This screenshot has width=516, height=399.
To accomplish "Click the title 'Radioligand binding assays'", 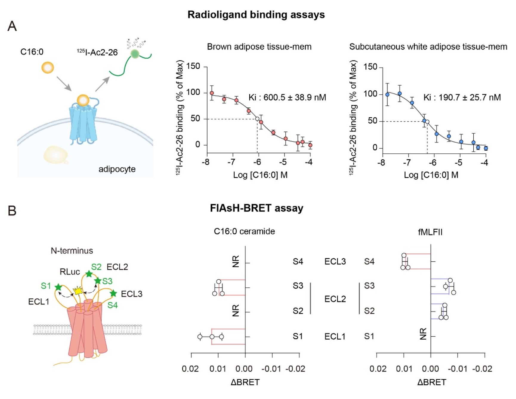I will point(256,15).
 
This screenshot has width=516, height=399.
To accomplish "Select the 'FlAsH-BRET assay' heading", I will point(257,208).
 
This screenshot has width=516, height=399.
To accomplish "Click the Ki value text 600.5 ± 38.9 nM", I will point(287,97).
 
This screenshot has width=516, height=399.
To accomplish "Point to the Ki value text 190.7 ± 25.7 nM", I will point(462,97).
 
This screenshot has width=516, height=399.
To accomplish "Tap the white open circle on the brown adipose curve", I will point(257,119).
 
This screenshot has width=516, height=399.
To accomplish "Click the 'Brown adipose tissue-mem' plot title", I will point(259,47).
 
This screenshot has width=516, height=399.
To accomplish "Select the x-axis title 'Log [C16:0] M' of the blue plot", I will point(431,175).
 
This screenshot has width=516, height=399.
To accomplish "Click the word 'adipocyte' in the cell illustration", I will point(117,169).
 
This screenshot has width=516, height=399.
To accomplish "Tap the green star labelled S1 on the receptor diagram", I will point(58,287).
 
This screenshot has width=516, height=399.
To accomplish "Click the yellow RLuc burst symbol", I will point(78,290).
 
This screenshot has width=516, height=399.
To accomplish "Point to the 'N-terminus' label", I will point(72,251).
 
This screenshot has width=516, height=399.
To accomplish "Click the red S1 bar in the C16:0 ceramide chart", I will point(228,337).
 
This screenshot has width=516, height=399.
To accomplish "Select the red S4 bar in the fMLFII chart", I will point(418,261).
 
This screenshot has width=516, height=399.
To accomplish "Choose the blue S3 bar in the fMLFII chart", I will point(440,286).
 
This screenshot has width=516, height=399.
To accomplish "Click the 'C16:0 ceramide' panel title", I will point(244,231).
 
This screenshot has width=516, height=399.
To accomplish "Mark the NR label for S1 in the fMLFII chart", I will point(423,334).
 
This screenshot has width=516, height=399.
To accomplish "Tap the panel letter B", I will point(12,211).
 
